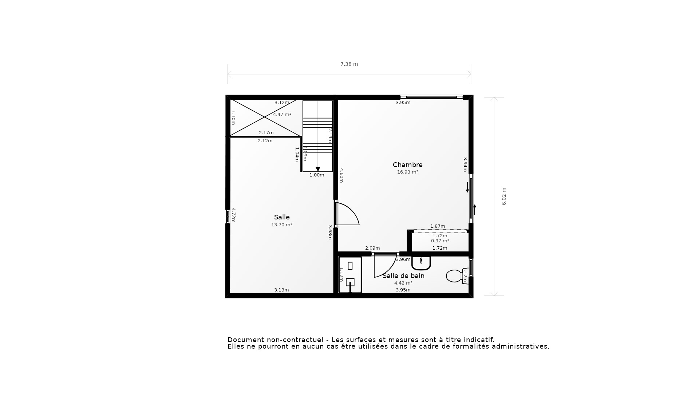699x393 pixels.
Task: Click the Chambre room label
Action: point(407,165)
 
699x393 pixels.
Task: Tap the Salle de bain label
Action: point(403,276)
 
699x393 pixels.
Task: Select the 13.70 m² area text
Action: point(281,225)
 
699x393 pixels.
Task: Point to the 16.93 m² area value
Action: point(407,172)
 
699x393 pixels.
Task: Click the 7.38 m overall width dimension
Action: point(349,64)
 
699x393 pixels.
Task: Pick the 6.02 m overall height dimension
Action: point(504,196)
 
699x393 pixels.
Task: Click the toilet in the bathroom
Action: point(455,276)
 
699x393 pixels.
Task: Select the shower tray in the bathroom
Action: point(350,275)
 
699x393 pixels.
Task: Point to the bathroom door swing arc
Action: point(385,266)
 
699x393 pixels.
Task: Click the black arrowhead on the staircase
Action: point(318,169)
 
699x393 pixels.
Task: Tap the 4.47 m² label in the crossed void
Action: point(282,115)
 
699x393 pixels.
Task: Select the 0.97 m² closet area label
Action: point(440,241)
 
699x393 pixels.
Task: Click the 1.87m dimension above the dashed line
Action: point(438,226)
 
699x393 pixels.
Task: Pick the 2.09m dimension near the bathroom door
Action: point(372,248)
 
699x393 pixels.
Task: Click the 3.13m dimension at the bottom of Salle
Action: point(281,290)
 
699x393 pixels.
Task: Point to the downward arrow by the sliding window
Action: point(467,187)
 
